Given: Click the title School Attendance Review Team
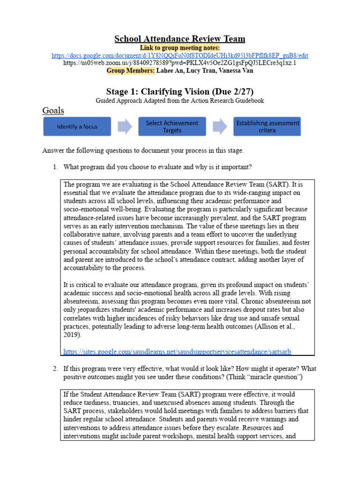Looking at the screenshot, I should (x=180, y=39).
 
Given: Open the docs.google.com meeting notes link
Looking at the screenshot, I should (x=180, y=55).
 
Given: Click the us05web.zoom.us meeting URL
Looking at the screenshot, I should (x=180, y=63).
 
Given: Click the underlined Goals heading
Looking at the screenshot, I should (x=53, y=111).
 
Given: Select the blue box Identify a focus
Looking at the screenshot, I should (x=77, y=127).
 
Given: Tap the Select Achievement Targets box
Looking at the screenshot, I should (x=172, y=127).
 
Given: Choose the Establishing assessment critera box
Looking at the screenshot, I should (x=267, y=127).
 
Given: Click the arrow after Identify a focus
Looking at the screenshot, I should (x=124, y=127).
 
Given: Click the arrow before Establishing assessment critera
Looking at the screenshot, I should (x=219, y=127).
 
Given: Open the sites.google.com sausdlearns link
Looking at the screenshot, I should (x=180, y=352).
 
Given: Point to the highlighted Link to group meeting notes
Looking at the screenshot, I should (x=180, y=48).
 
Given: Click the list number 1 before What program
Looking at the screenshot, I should (x=54, y=167).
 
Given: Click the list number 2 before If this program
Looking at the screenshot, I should (x=54, y=369).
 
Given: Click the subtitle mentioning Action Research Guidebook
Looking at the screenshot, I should (x=180, y=100).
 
